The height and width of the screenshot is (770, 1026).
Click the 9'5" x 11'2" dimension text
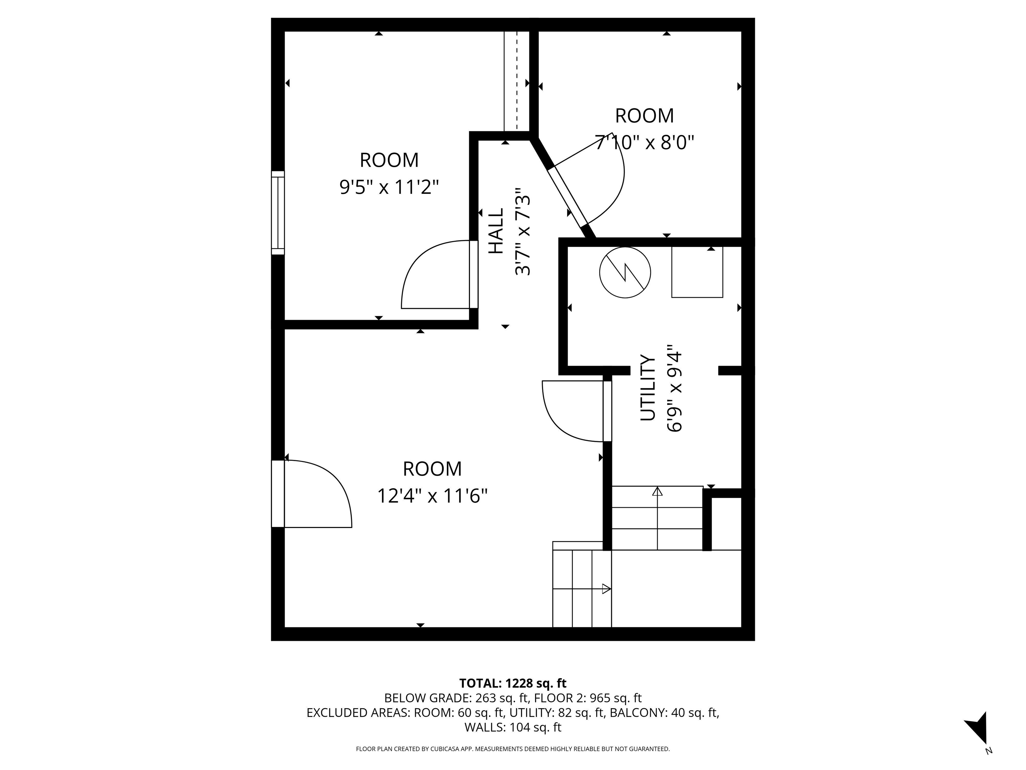(389, 187)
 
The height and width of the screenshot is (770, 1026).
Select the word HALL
(496, 231)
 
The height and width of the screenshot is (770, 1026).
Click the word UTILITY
(648, 388)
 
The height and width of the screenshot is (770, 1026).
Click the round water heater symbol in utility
(625, 272)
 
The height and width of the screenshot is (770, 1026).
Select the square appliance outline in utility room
(697, 272)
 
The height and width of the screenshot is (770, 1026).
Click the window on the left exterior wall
(278, 213)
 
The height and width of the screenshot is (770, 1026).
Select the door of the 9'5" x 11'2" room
(473, 274)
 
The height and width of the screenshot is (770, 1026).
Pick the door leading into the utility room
(607, 411)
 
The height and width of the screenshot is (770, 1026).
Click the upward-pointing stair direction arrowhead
(657, 491)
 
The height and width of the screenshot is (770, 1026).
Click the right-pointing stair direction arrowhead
(606, 589)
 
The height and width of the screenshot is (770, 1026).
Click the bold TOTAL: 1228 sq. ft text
(513, 683)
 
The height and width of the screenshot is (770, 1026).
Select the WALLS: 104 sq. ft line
(513, 727)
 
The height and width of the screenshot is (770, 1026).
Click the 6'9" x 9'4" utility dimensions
(674, 388)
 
